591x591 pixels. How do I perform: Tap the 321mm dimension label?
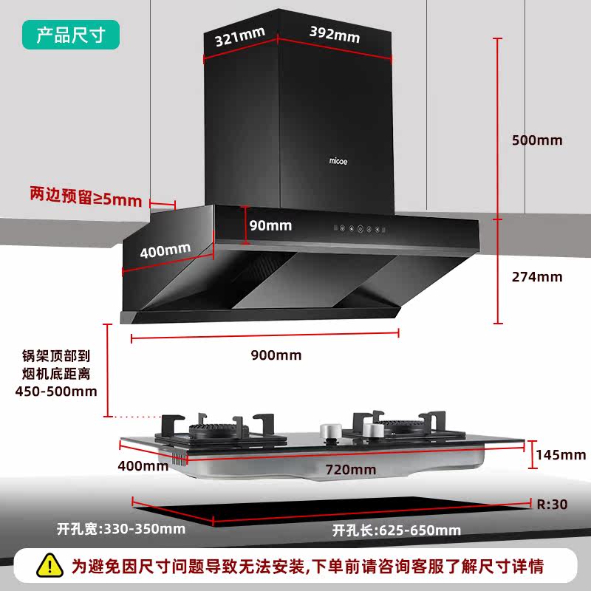(239, 38)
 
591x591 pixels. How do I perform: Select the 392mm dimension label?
(334, 33)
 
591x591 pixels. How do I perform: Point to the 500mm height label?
(537, 140)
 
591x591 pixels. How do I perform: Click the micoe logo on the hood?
(340, 160)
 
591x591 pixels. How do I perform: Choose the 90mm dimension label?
(270, 225)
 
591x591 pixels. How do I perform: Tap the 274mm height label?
(537, 277)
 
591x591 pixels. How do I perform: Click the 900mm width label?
(276, 355)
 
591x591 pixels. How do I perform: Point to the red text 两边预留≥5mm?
(85, 197)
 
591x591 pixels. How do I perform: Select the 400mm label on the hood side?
(165, 250)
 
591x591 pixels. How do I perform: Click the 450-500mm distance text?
(56, 391)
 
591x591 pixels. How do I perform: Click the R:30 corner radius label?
(552, 505)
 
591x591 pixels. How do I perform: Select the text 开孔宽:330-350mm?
(121, 529)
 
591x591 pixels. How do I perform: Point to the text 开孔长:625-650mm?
(396, 530)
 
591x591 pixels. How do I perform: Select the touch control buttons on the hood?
(360, 229)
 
